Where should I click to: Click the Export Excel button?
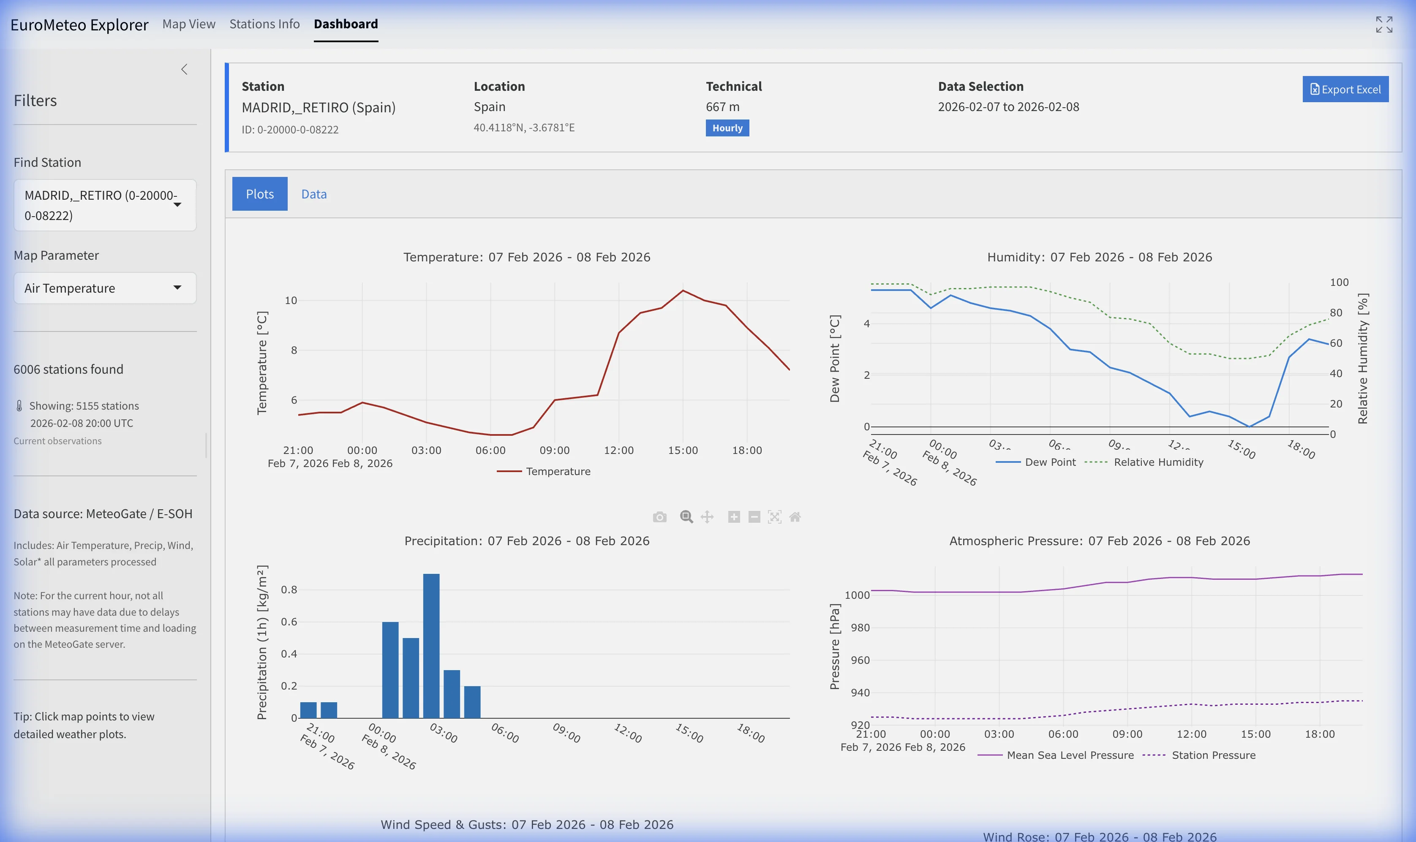(x=1345, y=89)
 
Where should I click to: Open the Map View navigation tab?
(x=188, y=24)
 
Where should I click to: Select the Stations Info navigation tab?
(x=264, y=24)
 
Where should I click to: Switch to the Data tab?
(x=313, y=194)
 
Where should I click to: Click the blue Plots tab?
(x=259, y=194)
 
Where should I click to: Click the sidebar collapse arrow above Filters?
(x=184, y=69)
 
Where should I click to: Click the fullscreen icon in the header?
(x=1383, y=24)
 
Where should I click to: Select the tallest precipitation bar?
(x=431, y=646)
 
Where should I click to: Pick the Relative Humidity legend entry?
(x=1158, y=462)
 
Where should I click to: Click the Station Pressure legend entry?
(x=1213, y=755)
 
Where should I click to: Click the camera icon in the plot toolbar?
(x=659, y=517)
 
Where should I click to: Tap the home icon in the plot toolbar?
(x=795, y=517)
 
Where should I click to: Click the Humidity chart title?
(x=1099, y=257)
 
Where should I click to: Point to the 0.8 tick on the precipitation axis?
(x=289, y=589)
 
